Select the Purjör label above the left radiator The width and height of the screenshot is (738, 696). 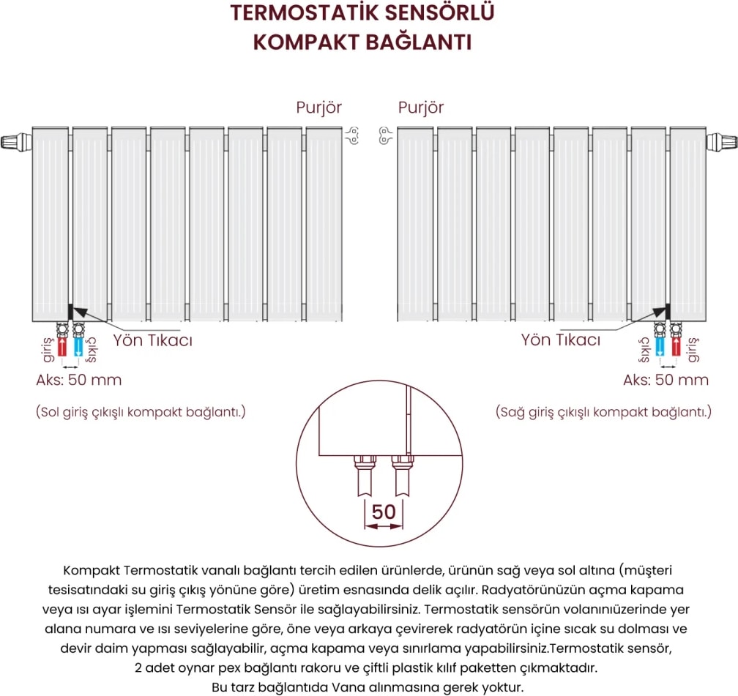pyautogui.click(x=318, y=108)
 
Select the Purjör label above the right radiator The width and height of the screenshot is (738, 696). pyautogui.click(x=421, y=108)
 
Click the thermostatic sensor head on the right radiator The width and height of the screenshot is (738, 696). pyautogui.click(x=722, y=140)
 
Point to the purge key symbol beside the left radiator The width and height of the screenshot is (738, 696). pyautogui.click(x=353, y=134)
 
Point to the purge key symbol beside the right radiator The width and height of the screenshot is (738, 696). pyautogui.click(x=385, y=134)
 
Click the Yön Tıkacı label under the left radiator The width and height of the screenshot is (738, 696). pyautogui.click(x=152, y=341)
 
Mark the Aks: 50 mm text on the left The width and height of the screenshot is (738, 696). pyautogui.click(x=79, y=380)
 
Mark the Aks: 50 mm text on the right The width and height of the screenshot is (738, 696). pyautogui.click(x=666, y=380)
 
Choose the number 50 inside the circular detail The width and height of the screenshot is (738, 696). pyautogui.click(x=384, y=512)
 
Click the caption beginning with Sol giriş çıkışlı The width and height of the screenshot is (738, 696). pyautogui.click(x=141, y=412)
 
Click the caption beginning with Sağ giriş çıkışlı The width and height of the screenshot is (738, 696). pyautogui.click(x=603, y=412)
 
